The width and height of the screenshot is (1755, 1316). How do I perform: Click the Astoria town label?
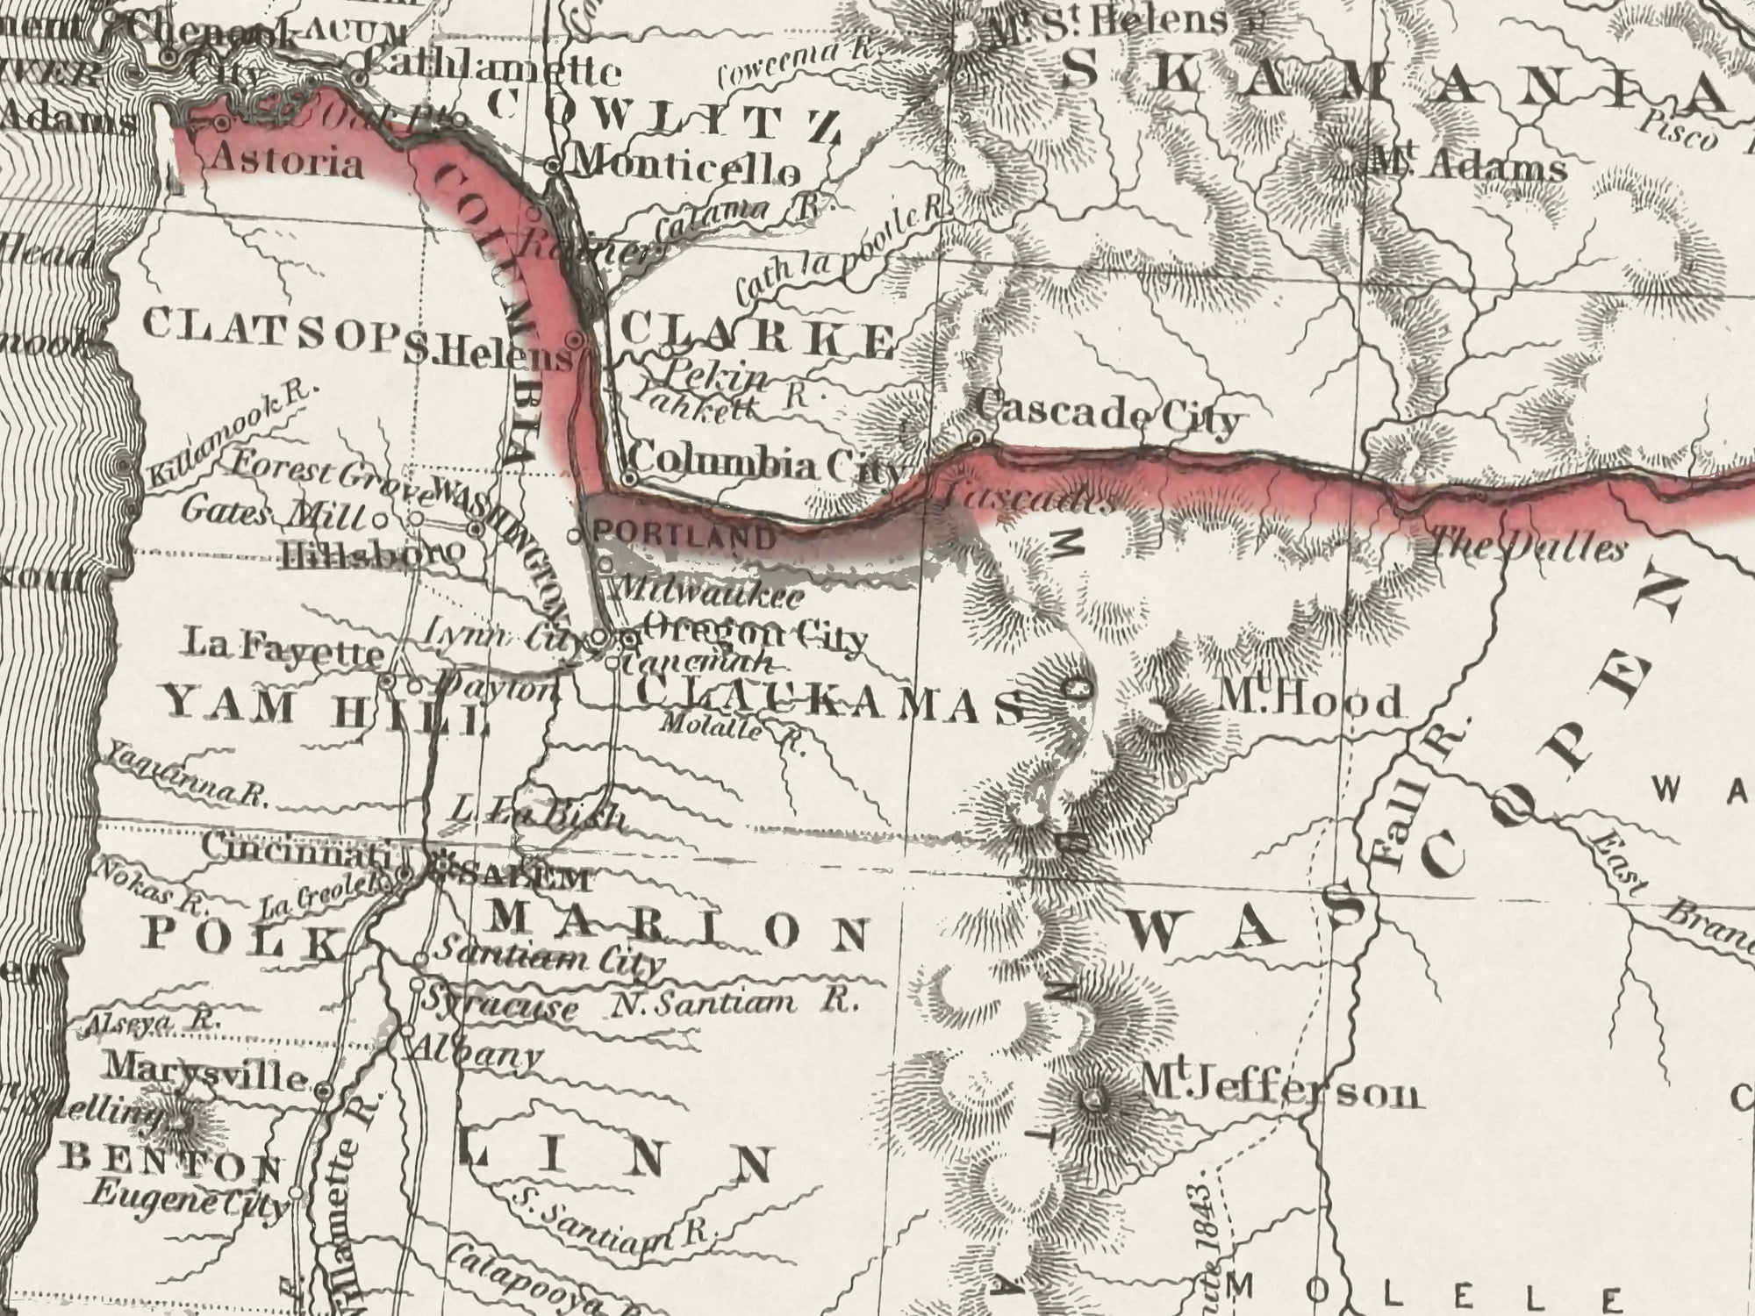[288, 164]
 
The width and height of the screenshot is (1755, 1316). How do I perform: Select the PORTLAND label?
[685, 536]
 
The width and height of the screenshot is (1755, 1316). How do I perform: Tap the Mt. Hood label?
[1310, 702]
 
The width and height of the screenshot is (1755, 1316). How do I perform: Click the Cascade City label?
[1107, 416]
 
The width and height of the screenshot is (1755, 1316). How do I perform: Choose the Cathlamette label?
[491, 68]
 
